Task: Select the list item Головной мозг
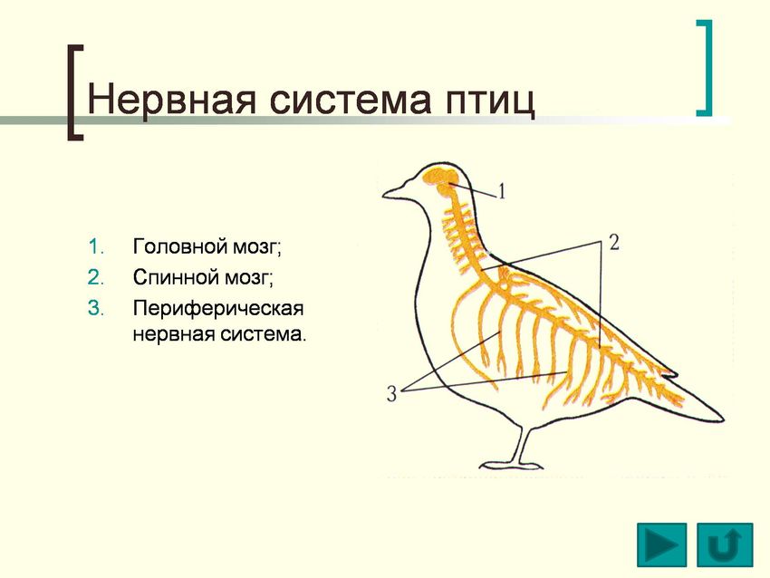click(207, 246)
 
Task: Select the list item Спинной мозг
click(203, 277)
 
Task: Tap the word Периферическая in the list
click(218, 309)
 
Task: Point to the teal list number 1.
click(95, 247)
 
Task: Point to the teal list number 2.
click(95, 278)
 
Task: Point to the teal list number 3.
click(95, 309)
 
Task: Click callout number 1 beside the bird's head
click(501, 190)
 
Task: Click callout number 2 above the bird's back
click(614, 242)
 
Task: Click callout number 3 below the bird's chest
click(391, 394)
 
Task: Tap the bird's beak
click(394, 190)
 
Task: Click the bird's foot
click(511, 465)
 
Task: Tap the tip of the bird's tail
click(724, 419)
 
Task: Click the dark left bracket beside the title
click(74, 92)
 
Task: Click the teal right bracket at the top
click(705, 68)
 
